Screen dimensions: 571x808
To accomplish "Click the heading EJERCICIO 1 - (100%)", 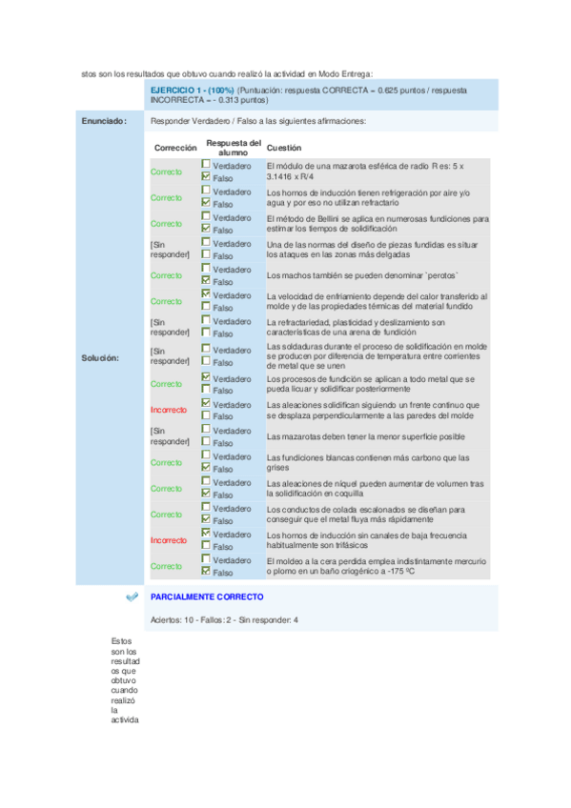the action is pos(193,90).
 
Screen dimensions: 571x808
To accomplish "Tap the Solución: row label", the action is pos(102,358).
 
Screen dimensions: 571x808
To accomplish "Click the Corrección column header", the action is pos(174,149).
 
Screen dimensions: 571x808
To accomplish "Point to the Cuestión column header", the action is pos(284,149).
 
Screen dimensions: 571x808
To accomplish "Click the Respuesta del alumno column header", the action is pos(233,148).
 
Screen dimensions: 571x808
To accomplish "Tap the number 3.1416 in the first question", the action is pos(284,177).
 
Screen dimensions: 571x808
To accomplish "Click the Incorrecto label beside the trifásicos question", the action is pos(169,540).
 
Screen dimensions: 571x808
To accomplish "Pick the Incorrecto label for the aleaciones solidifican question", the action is pos(169,410).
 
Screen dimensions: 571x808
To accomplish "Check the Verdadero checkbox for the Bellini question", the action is pos(206,217).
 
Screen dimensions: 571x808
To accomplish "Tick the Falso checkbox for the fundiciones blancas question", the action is pos(206,468).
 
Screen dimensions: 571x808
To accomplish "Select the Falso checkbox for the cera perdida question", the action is pos(206,573).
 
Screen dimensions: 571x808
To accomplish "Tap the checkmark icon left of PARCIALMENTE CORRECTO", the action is pos(132,597).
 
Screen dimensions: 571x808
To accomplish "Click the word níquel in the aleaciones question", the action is pos(342,482).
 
